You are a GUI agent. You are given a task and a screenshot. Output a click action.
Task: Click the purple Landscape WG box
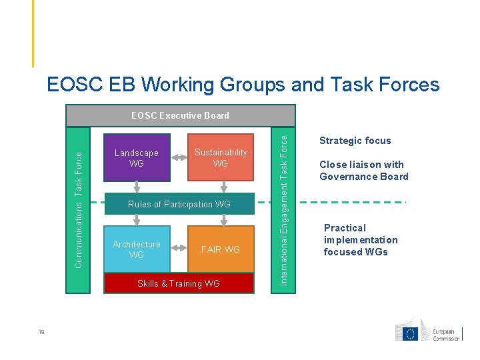[137, 158]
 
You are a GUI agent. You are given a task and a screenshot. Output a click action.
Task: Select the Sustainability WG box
[220, 158]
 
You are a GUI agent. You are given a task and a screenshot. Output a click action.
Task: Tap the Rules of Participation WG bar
[179, 204]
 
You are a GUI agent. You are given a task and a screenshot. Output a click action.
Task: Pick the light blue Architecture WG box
[137, 249]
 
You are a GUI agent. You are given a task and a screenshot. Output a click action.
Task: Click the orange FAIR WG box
[221, 249]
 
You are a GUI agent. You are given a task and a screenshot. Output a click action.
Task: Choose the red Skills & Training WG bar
[179, 283]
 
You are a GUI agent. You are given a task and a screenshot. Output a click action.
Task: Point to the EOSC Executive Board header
[180, 115]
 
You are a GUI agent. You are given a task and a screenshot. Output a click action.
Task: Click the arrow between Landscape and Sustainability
[179, 158]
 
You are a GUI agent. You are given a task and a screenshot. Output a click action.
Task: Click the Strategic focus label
[355, 141]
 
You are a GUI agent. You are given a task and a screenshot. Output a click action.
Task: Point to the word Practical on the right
[345, 228]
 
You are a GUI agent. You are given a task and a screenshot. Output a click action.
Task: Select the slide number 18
[42, 335]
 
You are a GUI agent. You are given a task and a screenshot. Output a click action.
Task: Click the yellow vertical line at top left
[32, 33]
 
